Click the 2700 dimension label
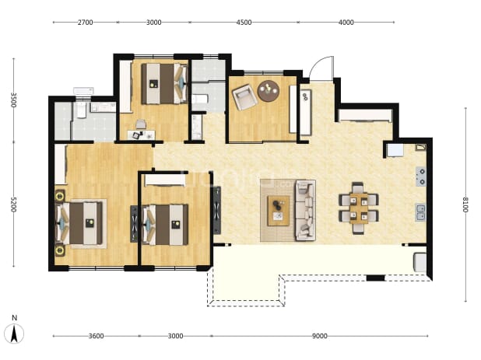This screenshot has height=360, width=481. point(85,23)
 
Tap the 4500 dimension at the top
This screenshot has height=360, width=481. point(244,23)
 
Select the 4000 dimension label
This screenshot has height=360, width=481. point(346,23)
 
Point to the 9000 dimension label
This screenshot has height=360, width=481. point(320,336)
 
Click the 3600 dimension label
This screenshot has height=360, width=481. point(96,336)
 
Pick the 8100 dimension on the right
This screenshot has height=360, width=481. point(465,204)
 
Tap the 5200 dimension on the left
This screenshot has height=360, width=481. point(13,204)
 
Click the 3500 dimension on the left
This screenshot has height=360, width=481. point(13,100)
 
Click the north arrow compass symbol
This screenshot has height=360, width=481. point(14,330)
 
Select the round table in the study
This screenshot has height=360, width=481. point(269,91)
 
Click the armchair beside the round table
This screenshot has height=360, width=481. point(244,97)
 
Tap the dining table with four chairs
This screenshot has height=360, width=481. point(359,208)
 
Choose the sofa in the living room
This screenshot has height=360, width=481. point(305,210)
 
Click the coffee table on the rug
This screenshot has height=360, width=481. point(278,211)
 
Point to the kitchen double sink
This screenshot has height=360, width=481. point(420,212)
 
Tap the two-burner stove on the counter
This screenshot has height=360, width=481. point(421,177)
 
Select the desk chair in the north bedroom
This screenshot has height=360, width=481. point(141,124)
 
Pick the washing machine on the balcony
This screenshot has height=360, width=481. point(420,262)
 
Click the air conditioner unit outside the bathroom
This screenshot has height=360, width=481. point(83,91)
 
